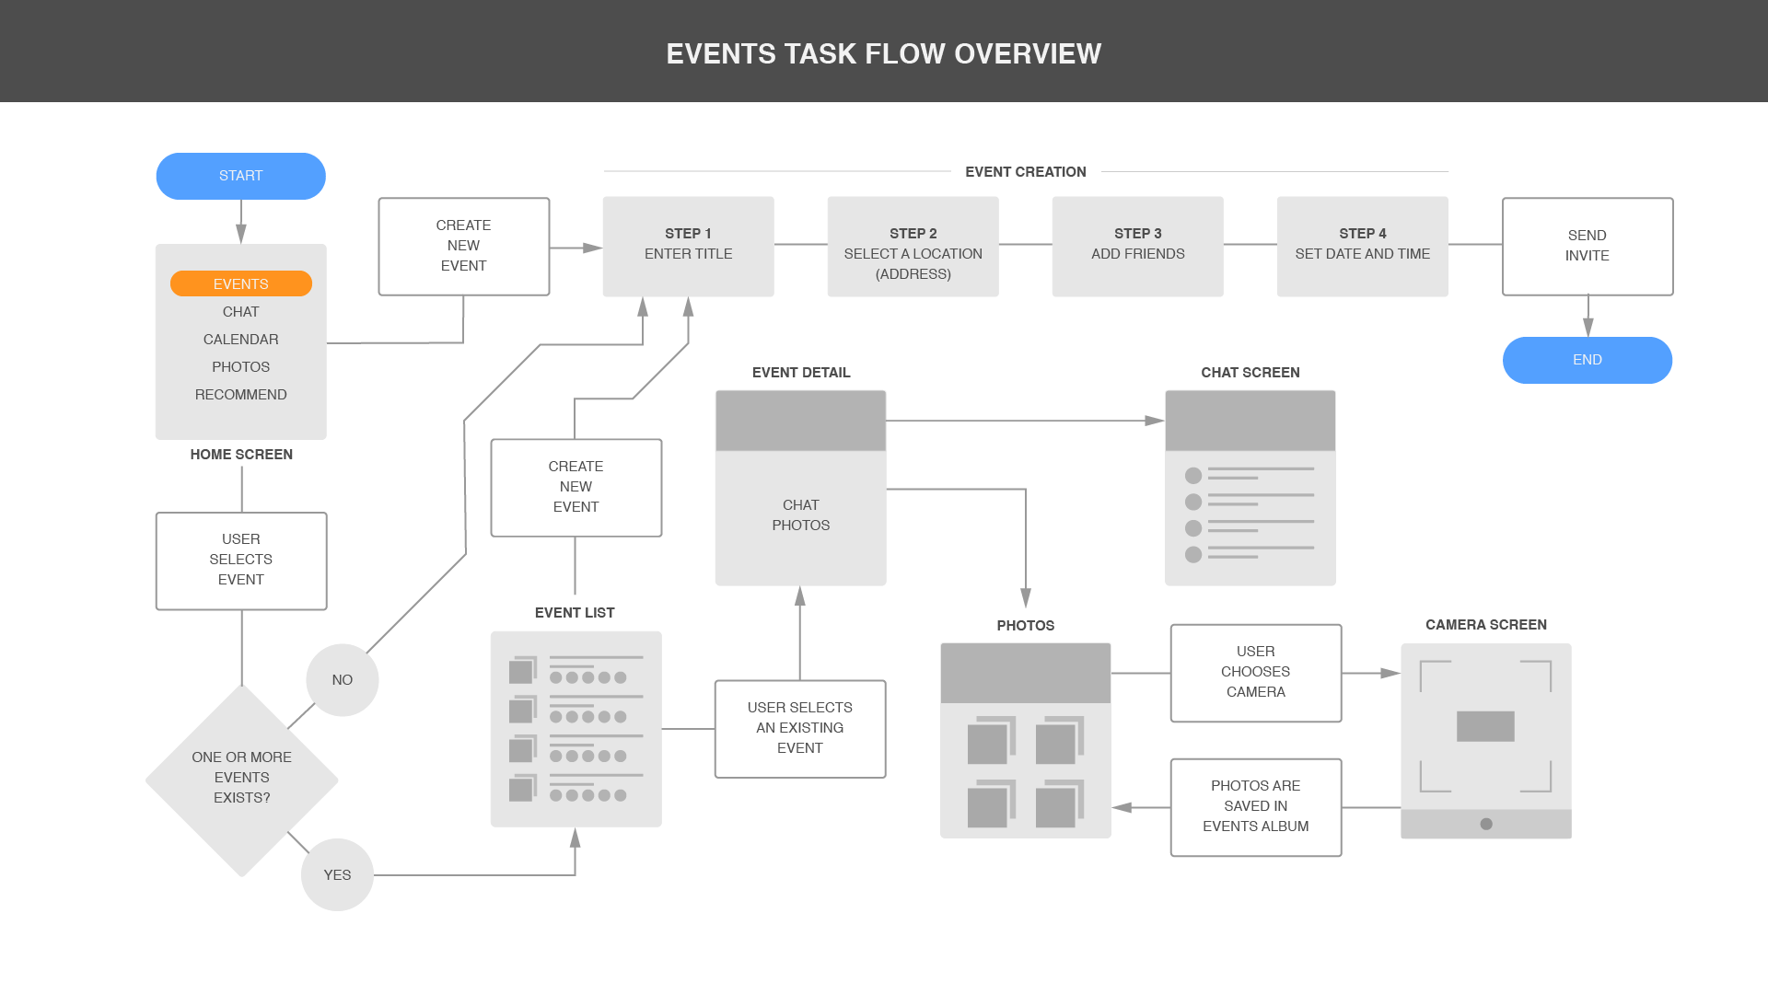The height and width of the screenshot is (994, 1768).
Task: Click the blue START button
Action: point(240,176)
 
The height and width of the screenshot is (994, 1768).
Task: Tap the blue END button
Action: point(1587,360)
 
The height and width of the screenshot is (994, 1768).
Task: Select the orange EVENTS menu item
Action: point(240,283)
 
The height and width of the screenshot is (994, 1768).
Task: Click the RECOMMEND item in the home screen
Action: point(240,394)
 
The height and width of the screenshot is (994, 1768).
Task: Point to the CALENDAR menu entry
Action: point(240,339)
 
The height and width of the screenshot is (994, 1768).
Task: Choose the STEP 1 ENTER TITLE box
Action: point(688,246)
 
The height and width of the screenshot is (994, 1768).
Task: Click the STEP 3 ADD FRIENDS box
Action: point(1137,246)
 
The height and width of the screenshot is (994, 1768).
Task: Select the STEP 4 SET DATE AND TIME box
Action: point(1362,246)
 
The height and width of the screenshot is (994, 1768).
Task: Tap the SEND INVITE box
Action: point(1587,246)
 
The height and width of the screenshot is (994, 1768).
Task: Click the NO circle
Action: point(342,679)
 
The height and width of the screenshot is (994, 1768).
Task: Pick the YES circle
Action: point(337,874)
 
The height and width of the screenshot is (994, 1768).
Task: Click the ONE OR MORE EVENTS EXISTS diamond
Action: point(241,779)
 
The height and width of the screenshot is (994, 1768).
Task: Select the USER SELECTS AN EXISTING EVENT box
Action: point(799,728)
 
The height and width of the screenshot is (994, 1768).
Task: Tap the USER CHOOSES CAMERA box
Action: point(1255,672)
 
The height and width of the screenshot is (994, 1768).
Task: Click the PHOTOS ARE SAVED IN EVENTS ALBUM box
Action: point(1255,806)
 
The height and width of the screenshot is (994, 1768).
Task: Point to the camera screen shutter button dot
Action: point(1485,824)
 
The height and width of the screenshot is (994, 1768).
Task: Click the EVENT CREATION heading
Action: point(1025,172)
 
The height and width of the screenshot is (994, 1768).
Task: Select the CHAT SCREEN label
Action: point(1250,373)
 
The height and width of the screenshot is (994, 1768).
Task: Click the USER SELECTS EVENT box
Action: point(240,560)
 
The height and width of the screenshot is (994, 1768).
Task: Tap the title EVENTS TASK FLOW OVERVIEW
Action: point(883,53)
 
